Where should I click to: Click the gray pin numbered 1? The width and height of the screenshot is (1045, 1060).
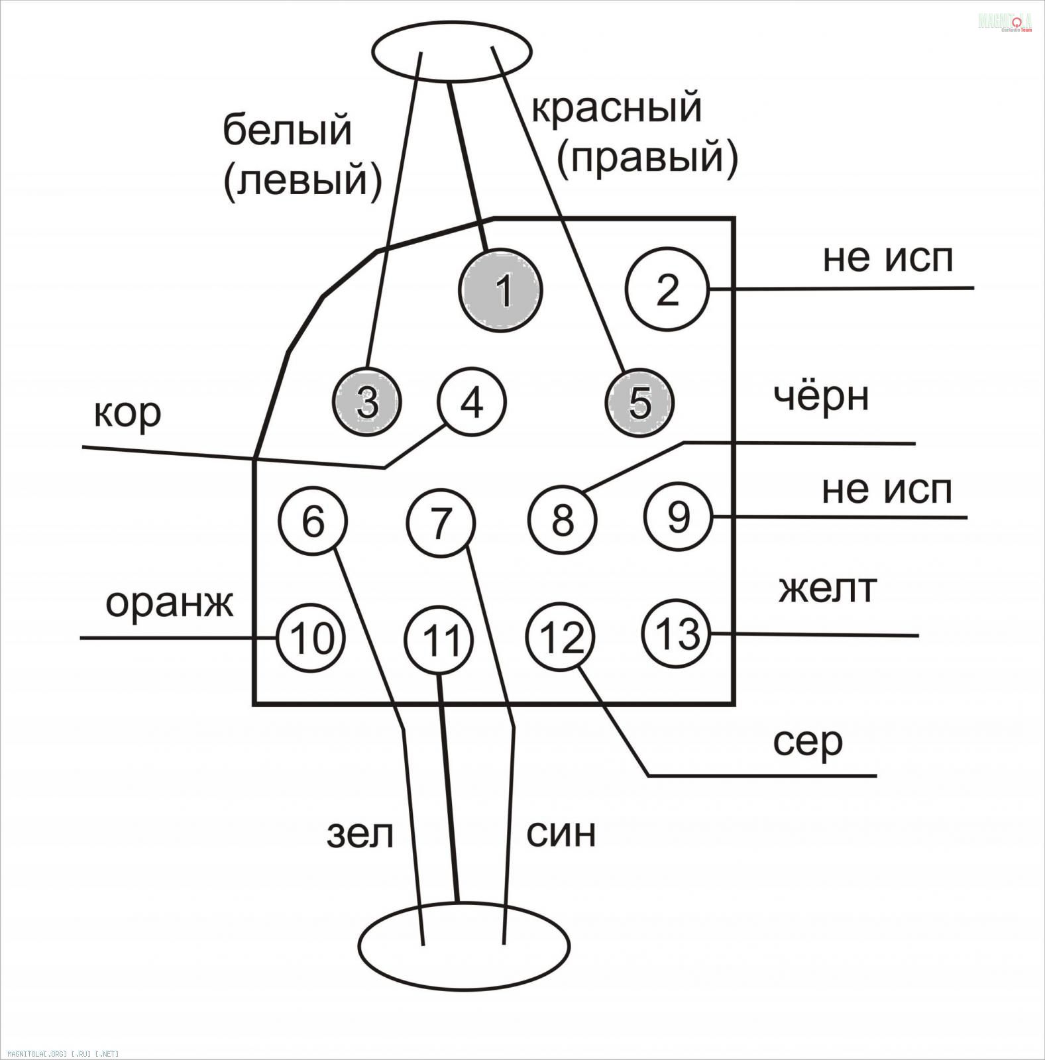[501, 290]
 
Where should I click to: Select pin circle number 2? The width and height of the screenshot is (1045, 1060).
[667, 289]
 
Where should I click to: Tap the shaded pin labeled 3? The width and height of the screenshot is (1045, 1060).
[367, 402]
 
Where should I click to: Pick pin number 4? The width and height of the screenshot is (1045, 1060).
[471, 402]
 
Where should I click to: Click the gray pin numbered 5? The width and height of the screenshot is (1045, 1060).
[639, 402]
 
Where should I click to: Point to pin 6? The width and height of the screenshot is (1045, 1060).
[313, 521]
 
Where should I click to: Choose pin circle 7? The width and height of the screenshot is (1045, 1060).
[441, 522]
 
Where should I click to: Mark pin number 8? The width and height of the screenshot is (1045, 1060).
[563, 519]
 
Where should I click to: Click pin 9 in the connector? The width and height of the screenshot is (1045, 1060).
[678, 517]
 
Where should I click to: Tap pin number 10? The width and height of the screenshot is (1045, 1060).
[311, 638]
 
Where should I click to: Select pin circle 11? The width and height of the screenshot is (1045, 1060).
[440, 641]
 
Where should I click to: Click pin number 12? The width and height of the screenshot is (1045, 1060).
[561, 637]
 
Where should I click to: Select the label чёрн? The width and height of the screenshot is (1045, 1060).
[821, 397]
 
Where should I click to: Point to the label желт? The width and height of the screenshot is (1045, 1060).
[828, 588]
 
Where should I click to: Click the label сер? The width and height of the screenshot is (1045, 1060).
[807, 743]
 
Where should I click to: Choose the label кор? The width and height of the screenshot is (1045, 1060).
[128, 414]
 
